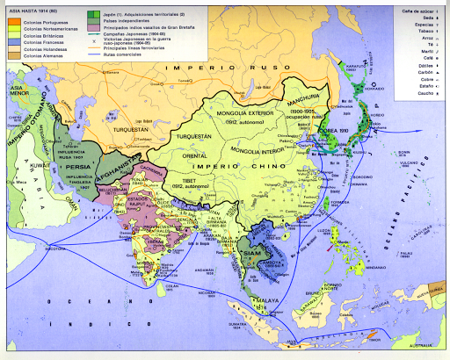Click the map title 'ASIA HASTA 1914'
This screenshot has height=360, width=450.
tap(30, 8)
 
